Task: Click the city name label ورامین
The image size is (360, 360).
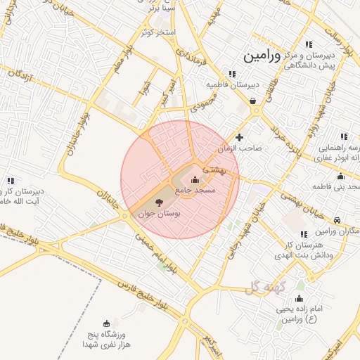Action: (x=262, y=56)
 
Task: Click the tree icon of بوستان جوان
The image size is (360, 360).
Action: (x=157, y=202)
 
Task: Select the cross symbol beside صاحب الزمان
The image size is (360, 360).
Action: (x=240, y=138)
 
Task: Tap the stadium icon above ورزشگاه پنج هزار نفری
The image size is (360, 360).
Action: (x=106, y=323)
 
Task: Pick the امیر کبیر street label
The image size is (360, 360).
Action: (x=163, y=93)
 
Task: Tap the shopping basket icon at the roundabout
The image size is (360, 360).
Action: (x=252, y=101)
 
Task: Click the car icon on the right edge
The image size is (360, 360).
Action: (x=338, y=220)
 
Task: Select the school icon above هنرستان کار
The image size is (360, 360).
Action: (x=303, y=234)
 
